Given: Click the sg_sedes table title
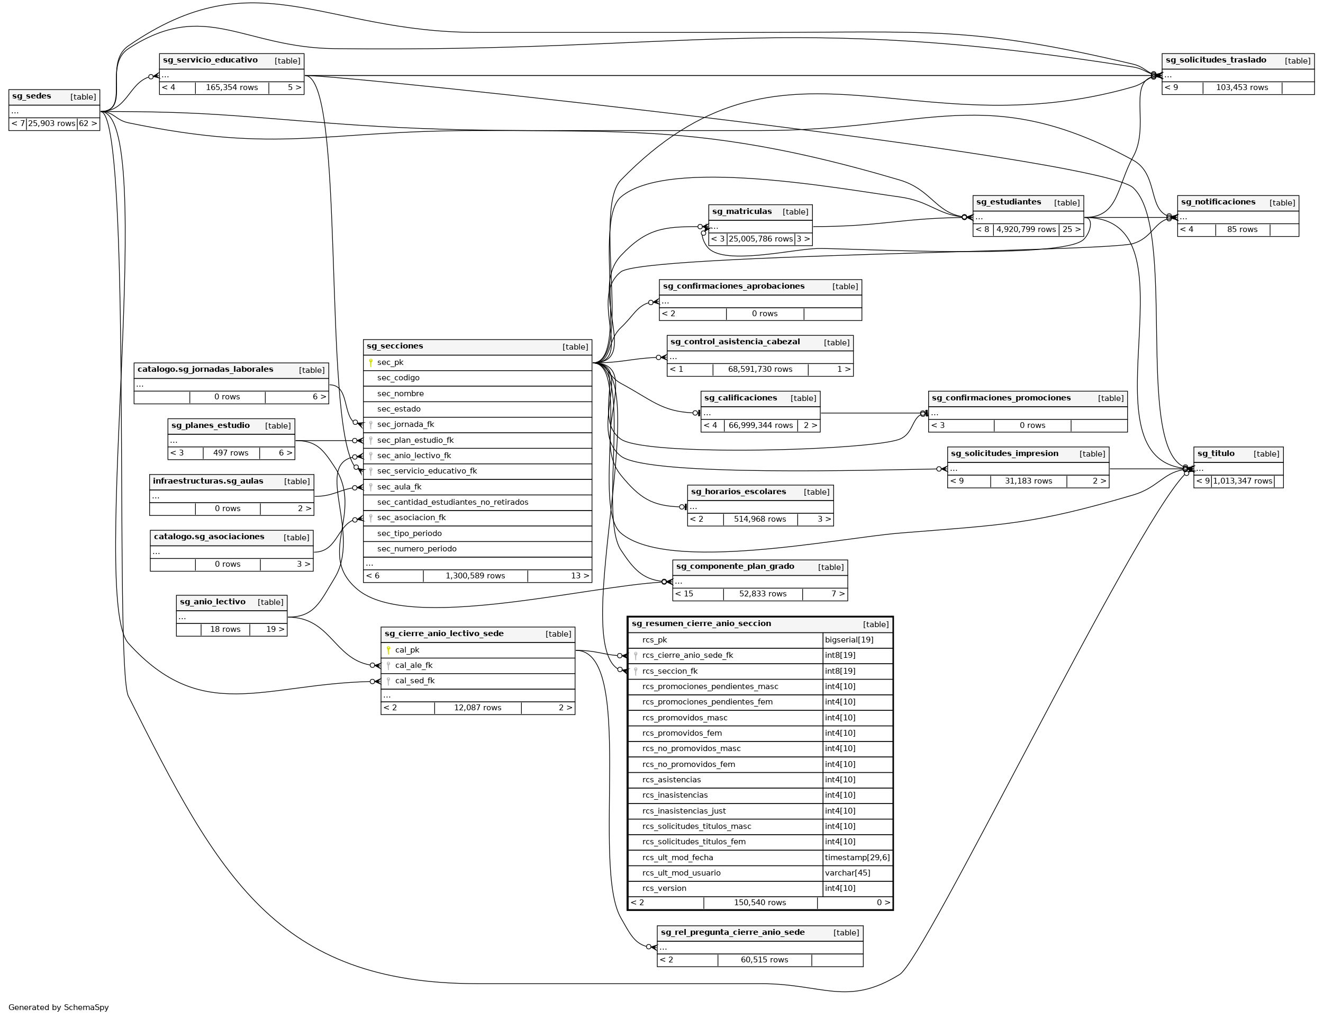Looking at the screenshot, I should click(x=31, y=96).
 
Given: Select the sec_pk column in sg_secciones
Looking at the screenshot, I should click(x=390, y=362).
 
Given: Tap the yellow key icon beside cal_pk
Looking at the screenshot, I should click(x=388, y=650).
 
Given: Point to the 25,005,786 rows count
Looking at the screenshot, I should click(x=760, y=239).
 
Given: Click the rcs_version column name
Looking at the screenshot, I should click(x=664, y=888).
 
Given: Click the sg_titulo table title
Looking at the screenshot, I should click(x=1216, y=454).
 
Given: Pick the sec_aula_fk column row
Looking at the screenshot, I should click(x=399, y=487).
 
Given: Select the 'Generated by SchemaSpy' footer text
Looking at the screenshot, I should click(x=59, y=1007).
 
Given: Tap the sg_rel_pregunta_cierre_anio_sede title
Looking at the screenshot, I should click(x=732, y=933).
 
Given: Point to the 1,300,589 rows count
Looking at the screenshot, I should click(x=475, y=576).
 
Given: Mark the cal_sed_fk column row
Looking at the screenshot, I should click(x=415, y=681).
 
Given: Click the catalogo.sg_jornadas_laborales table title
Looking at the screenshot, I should click(x=205, y=370).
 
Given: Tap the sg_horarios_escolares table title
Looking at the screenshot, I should click(x=738, y=492).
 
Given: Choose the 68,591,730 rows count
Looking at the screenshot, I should click(x=760, y=370).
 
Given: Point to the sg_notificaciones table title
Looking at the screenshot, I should click(x=1218, y=202).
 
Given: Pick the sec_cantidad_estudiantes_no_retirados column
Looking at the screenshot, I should click(x=452, y=502).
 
